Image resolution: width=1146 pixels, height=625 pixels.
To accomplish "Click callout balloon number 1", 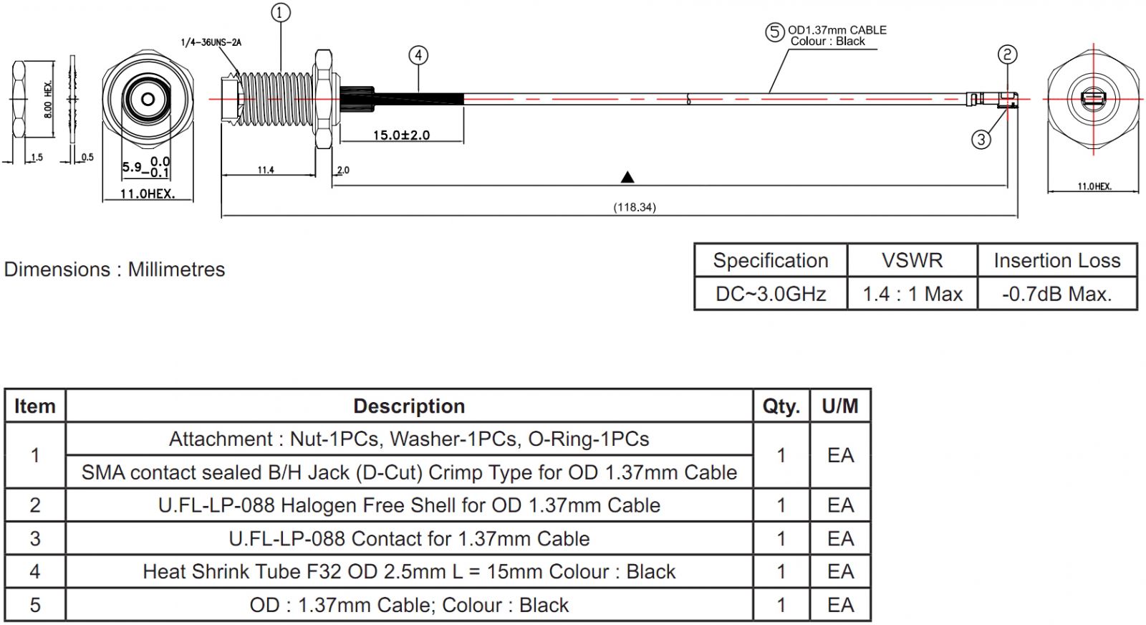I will (281, 13).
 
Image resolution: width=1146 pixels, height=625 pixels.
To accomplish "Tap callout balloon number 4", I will (418, 55).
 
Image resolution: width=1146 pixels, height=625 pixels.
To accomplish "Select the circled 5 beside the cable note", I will (774, 32).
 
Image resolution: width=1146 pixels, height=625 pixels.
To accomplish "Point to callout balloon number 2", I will (1007, 54).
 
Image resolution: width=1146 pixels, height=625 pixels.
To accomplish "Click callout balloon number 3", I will (981, 139).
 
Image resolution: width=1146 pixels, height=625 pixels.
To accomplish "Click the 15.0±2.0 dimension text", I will (401, 135).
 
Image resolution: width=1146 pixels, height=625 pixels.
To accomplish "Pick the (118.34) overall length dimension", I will (634, 207).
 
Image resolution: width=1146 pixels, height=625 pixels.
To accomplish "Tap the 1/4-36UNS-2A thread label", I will (211, 42).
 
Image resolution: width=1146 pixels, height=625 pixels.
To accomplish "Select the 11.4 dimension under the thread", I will (266, 170).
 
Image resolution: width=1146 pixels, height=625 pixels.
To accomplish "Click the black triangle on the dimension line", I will (627, 177).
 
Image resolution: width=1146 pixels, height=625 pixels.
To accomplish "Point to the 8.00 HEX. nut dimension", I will (48, 99).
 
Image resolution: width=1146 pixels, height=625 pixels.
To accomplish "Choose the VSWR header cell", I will (912, 260).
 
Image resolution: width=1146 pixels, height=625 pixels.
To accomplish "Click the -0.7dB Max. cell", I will (1056, 294).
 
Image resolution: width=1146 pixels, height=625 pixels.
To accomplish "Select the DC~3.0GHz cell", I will (771, 294).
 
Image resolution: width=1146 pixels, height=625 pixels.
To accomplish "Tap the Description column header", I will (409, 406).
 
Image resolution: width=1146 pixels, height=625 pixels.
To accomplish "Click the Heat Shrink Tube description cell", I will (409, 572).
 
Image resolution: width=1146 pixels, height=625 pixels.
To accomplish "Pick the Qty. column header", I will (781, 406).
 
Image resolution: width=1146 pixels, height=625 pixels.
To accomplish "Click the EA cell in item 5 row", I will (840, 605).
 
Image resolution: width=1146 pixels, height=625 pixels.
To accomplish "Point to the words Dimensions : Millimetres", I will (115, 269).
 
